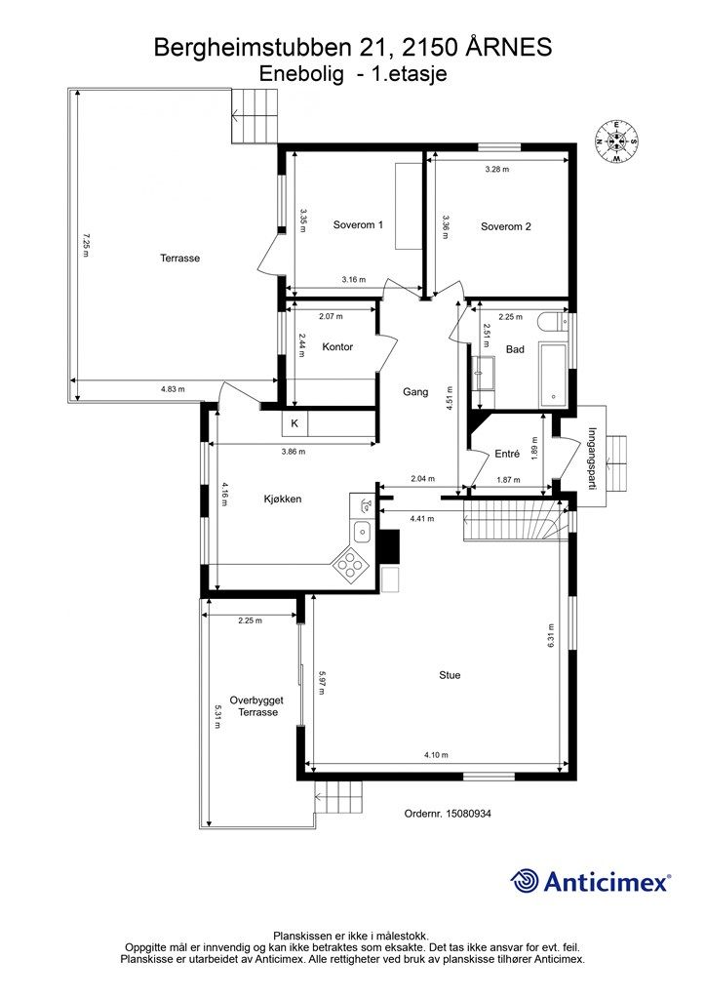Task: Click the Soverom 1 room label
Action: point(358,225)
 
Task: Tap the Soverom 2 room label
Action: point(505,226)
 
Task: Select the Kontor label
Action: point(337,347)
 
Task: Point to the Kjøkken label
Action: point(282,499)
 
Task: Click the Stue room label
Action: point(450,675)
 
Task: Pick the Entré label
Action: point(507,454)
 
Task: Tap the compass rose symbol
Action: point(616,140)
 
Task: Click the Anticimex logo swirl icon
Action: point(524,881)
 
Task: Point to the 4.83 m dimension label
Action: point(173,388)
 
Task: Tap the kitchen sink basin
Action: point(362,532)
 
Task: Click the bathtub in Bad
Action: point(553,375)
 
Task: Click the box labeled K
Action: point(294,423)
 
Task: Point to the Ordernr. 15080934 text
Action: point(448,814)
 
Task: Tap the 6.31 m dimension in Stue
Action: point(551,635)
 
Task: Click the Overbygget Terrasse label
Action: point(257,706)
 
